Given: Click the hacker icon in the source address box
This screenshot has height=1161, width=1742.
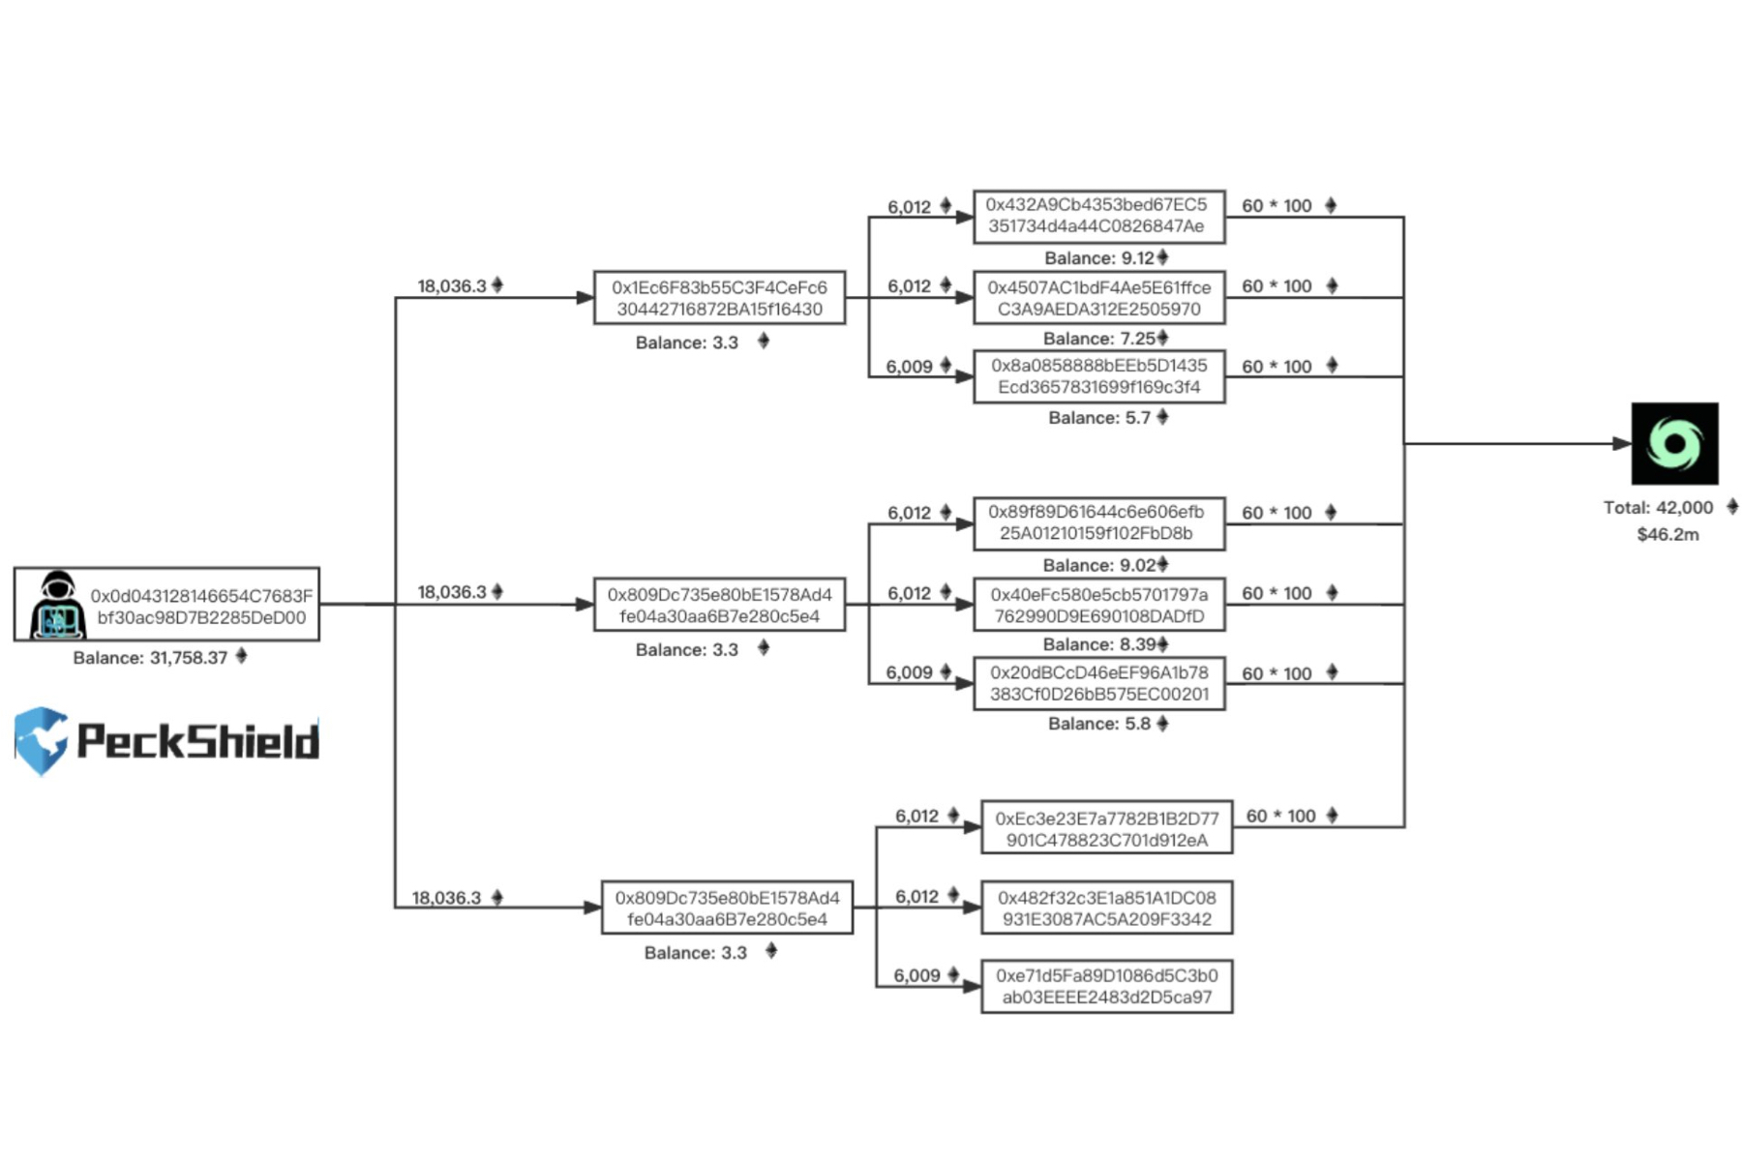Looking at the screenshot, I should (57, 606).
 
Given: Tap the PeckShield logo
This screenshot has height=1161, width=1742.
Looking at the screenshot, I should (166, 741).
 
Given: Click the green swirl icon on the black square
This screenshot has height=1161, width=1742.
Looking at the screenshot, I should (1674, 443).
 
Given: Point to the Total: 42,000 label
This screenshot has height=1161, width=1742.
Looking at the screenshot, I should (1658, 508).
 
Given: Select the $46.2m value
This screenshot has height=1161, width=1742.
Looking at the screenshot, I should (1667, 535).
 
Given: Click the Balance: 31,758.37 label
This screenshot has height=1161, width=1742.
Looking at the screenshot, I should (151, 658).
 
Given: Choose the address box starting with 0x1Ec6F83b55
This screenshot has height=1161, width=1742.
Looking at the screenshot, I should (719, 298).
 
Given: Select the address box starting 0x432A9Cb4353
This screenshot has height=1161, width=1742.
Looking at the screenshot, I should (1098, 216).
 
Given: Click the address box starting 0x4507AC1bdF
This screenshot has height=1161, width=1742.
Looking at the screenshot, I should (1098, 298).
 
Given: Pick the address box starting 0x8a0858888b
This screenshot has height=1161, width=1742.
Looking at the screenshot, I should (1098, 376).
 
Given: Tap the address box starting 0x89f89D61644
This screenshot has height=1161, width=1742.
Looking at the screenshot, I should (1098, 522).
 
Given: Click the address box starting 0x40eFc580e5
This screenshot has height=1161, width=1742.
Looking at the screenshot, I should (1098, 605).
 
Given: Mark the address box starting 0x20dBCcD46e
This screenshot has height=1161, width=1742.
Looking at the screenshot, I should (1098, 683).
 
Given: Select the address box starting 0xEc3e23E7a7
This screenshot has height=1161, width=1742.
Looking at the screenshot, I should (1106, 828).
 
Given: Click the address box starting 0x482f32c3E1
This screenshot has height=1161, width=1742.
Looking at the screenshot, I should (1106, 908).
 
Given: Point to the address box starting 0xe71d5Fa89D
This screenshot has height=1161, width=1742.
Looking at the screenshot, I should (1106, 986).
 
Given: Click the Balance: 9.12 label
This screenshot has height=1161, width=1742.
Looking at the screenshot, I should (1099, 258).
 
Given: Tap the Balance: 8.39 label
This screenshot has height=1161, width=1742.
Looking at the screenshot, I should (1099, 644).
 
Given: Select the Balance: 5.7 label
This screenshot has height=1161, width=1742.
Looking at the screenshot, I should (1099, 418).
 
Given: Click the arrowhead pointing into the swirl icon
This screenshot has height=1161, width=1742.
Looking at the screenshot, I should (1621, 443).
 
